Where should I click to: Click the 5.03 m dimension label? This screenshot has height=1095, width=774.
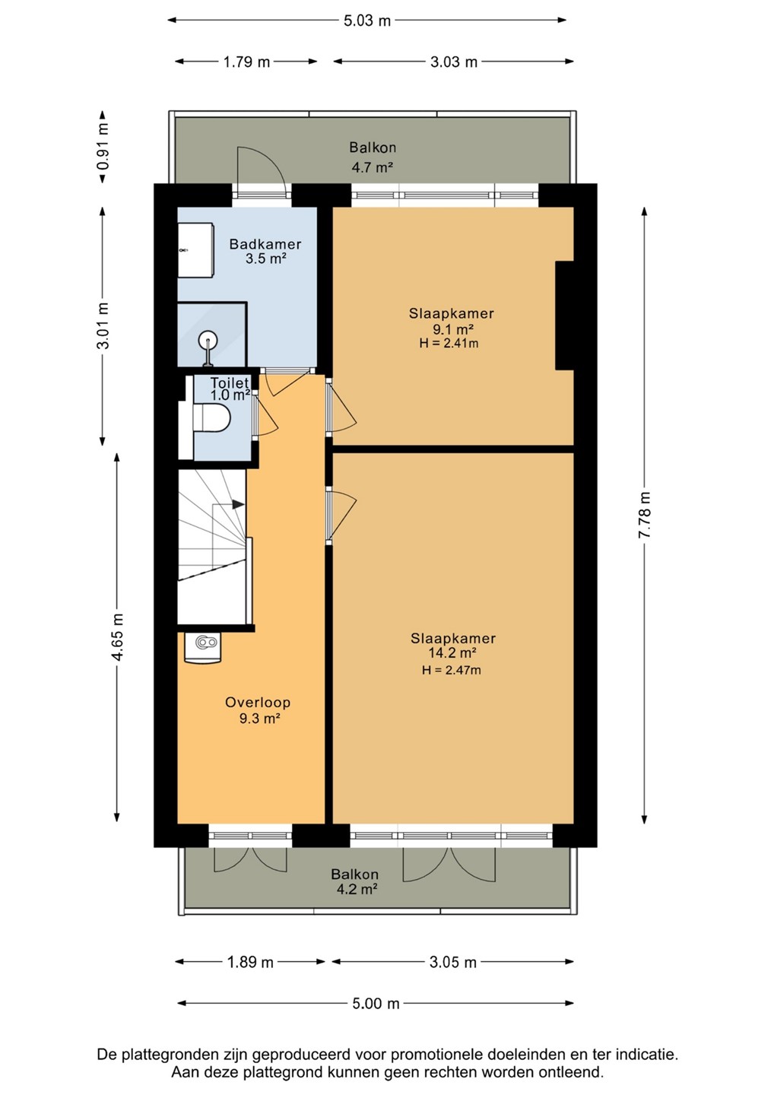[367, 21]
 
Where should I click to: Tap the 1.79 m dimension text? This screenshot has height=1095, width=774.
[247, 62]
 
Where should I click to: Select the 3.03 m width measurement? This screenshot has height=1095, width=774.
[453, 62]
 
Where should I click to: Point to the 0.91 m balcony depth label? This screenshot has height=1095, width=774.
[103, 146]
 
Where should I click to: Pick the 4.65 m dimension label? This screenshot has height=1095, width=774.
[117, 636]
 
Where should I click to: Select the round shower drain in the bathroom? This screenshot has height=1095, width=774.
[209, 338]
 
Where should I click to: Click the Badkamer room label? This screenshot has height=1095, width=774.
[265, 243]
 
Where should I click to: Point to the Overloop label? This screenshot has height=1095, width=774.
[258, 703]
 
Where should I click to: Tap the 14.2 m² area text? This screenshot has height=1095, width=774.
[452, 652]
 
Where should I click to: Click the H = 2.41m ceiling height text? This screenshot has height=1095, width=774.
[449, 343]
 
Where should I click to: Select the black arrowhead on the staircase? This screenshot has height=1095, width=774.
[238, 504]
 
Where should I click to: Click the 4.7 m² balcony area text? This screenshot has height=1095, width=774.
[373, 167]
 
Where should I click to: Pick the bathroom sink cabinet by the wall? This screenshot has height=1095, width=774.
[195, 250]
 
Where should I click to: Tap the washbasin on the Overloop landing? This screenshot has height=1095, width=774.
[202, 648]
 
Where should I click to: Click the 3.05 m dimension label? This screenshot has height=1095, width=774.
[453, 963]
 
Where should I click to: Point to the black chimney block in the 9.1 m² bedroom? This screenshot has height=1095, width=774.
[564, 316]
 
